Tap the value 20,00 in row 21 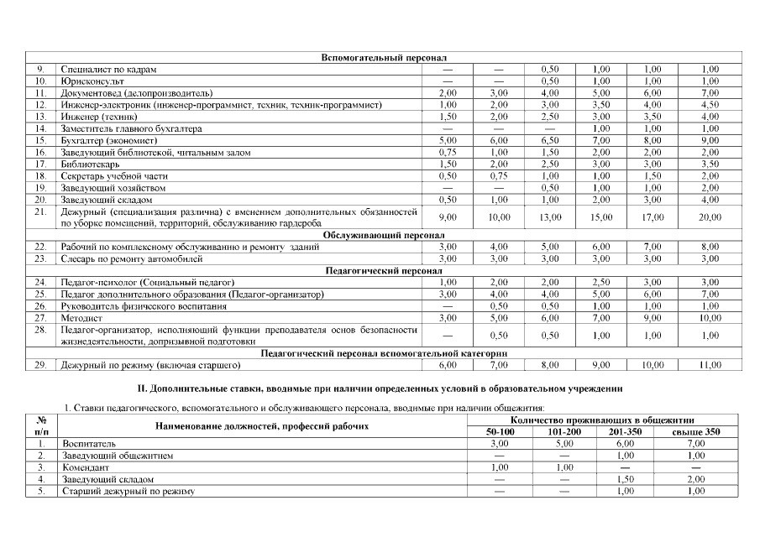(710, 217)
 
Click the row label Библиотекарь (90, 164)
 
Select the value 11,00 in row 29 (710, 366)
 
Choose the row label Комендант (84, 467)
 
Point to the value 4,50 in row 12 (710, 105)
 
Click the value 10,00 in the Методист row (710, 319)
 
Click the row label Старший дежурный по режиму (128, 491)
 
